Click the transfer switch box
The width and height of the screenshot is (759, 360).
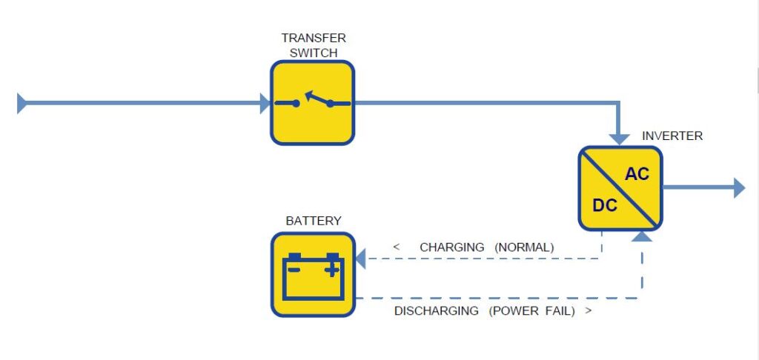[x=312, y=102]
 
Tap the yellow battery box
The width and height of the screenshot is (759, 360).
[x=312, y=274]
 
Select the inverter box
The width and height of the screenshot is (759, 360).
[x=620, y=188]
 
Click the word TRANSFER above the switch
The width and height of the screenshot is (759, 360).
[x=314, y=38]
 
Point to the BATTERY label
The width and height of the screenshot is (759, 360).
[x=314, y=221]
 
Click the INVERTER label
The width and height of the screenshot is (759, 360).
[x=672, y=136]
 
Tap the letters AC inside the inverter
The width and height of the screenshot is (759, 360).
[x=637, y=174]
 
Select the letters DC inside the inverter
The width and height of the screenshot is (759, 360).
[x=605, y=205]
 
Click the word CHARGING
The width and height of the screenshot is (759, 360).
[x=452, y=247]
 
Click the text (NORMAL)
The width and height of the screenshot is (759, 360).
[x=524, y=247]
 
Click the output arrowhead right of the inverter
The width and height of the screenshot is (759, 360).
[x=738, y=188]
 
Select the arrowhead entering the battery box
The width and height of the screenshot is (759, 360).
[x=360, y=259]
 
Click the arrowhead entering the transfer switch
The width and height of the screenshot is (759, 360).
[x=265, y=103]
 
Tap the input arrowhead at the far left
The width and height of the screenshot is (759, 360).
[x=21, y=103]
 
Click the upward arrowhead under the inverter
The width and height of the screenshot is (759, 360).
[x=642, y=236]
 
